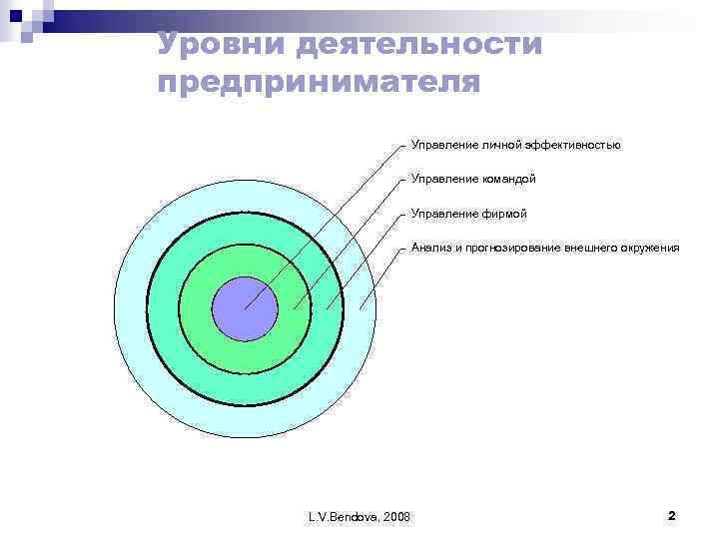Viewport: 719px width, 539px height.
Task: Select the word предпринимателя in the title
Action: click(x=319, y=82)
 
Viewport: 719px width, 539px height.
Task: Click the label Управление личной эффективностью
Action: click(x=515, y=146)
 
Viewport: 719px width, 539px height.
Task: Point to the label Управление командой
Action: click(x=473, y=180)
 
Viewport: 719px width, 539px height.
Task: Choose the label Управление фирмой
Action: click(x=468, y=214)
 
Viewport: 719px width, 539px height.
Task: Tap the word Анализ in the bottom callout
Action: click(x=430, y=248)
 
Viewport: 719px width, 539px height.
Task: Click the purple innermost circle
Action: click(x=245, y=308)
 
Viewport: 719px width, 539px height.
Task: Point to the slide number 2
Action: click(x=671, y=515)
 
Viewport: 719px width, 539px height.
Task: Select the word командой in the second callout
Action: click(x=507, y=180)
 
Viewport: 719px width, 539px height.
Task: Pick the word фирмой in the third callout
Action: click(x=502, y=214)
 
